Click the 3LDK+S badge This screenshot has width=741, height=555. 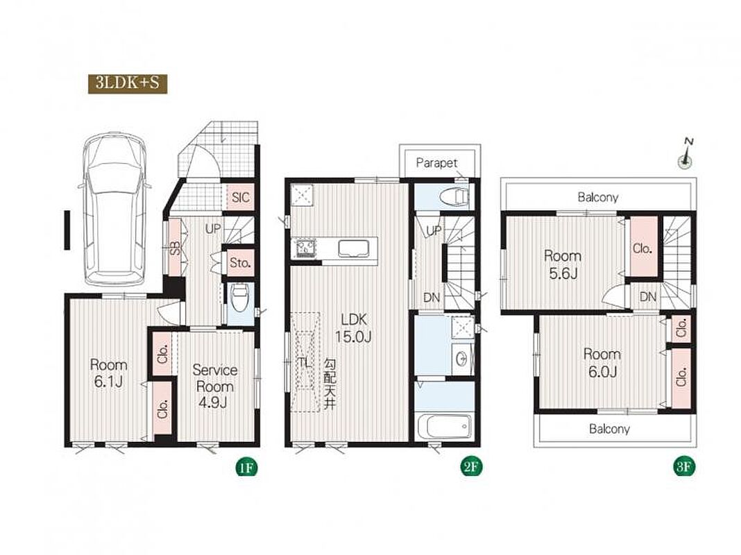(128, 84)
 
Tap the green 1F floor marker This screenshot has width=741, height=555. (246, 468)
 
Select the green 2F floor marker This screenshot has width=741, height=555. (470, 468)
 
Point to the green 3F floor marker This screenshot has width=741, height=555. (684, 468)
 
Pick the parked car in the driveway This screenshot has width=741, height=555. (115, 210)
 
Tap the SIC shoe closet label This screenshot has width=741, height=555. (241, 197)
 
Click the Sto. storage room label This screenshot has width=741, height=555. (240, 262)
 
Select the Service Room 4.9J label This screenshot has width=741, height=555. (214, 386)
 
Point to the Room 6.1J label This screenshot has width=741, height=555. (109, 373)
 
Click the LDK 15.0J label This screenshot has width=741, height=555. (353, 328)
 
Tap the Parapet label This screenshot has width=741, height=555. (436, 163)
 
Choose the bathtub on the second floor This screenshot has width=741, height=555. (445, 427)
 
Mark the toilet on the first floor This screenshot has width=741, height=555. (240, 298)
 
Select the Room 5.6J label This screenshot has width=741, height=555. (563, 264)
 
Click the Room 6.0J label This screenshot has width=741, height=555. (602, 362)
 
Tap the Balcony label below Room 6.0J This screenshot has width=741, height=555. (609, 429)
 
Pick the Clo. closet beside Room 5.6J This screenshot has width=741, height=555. (642, 248)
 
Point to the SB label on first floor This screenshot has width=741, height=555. (175, 248)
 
